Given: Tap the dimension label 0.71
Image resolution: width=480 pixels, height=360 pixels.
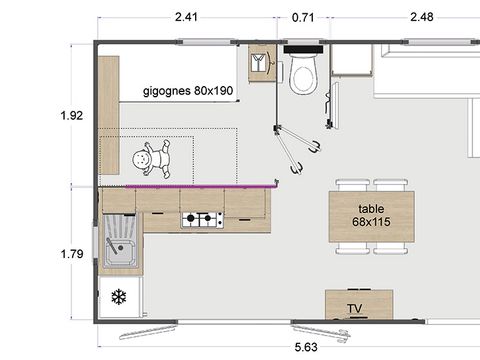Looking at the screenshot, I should (304, 16).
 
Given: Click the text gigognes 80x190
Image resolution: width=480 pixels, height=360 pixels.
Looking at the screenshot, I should (188, 90).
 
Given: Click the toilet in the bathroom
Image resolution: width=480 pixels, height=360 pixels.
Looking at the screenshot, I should (302, 73).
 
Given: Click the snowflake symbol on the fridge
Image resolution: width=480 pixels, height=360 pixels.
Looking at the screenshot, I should (118, 298).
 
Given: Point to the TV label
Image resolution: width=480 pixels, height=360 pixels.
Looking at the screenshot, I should (354, 308).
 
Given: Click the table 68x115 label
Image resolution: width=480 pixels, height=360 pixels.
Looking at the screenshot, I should (371, 215).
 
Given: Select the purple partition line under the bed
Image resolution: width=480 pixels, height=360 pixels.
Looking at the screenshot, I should (187, 186).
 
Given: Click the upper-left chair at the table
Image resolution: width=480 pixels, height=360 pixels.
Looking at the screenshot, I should (352, 185).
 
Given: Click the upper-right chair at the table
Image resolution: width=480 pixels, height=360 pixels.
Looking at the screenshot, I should (390, 185).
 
